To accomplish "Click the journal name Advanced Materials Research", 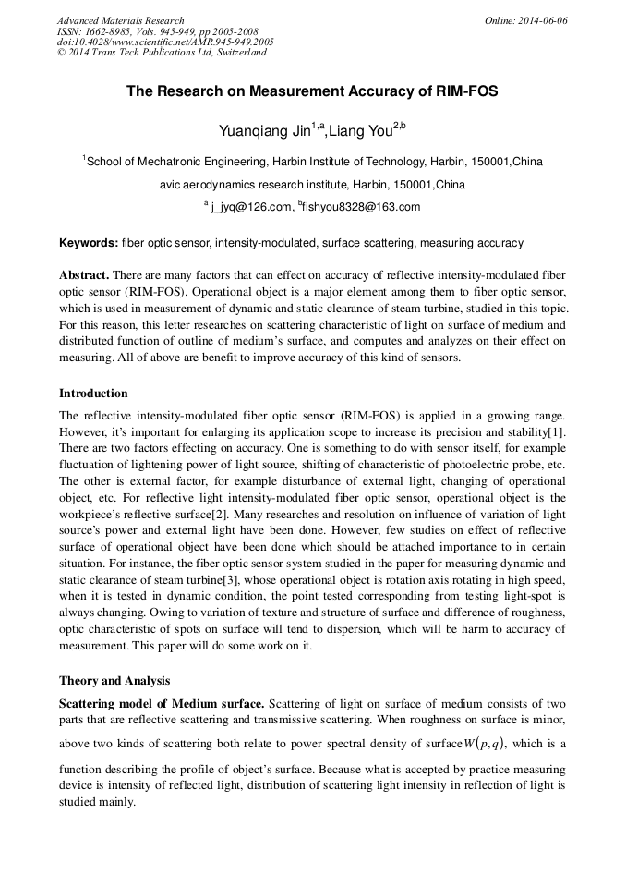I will coord(121,20).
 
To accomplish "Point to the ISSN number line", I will coord(158,31).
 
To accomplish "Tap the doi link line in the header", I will coord(165,42).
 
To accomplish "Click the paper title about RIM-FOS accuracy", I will coord(312,92).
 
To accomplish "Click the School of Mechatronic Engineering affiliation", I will coord(314,162).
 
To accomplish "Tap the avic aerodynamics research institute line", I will coord(312,185).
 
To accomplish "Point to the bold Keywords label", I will coord(89,244).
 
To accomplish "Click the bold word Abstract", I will coord(84,276).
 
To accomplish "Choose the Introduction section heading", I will coord(93,394).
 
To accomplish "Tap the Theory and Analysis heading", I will coord(114,681).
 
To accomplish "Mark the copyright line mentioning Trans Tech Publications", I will coord(162,53).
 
